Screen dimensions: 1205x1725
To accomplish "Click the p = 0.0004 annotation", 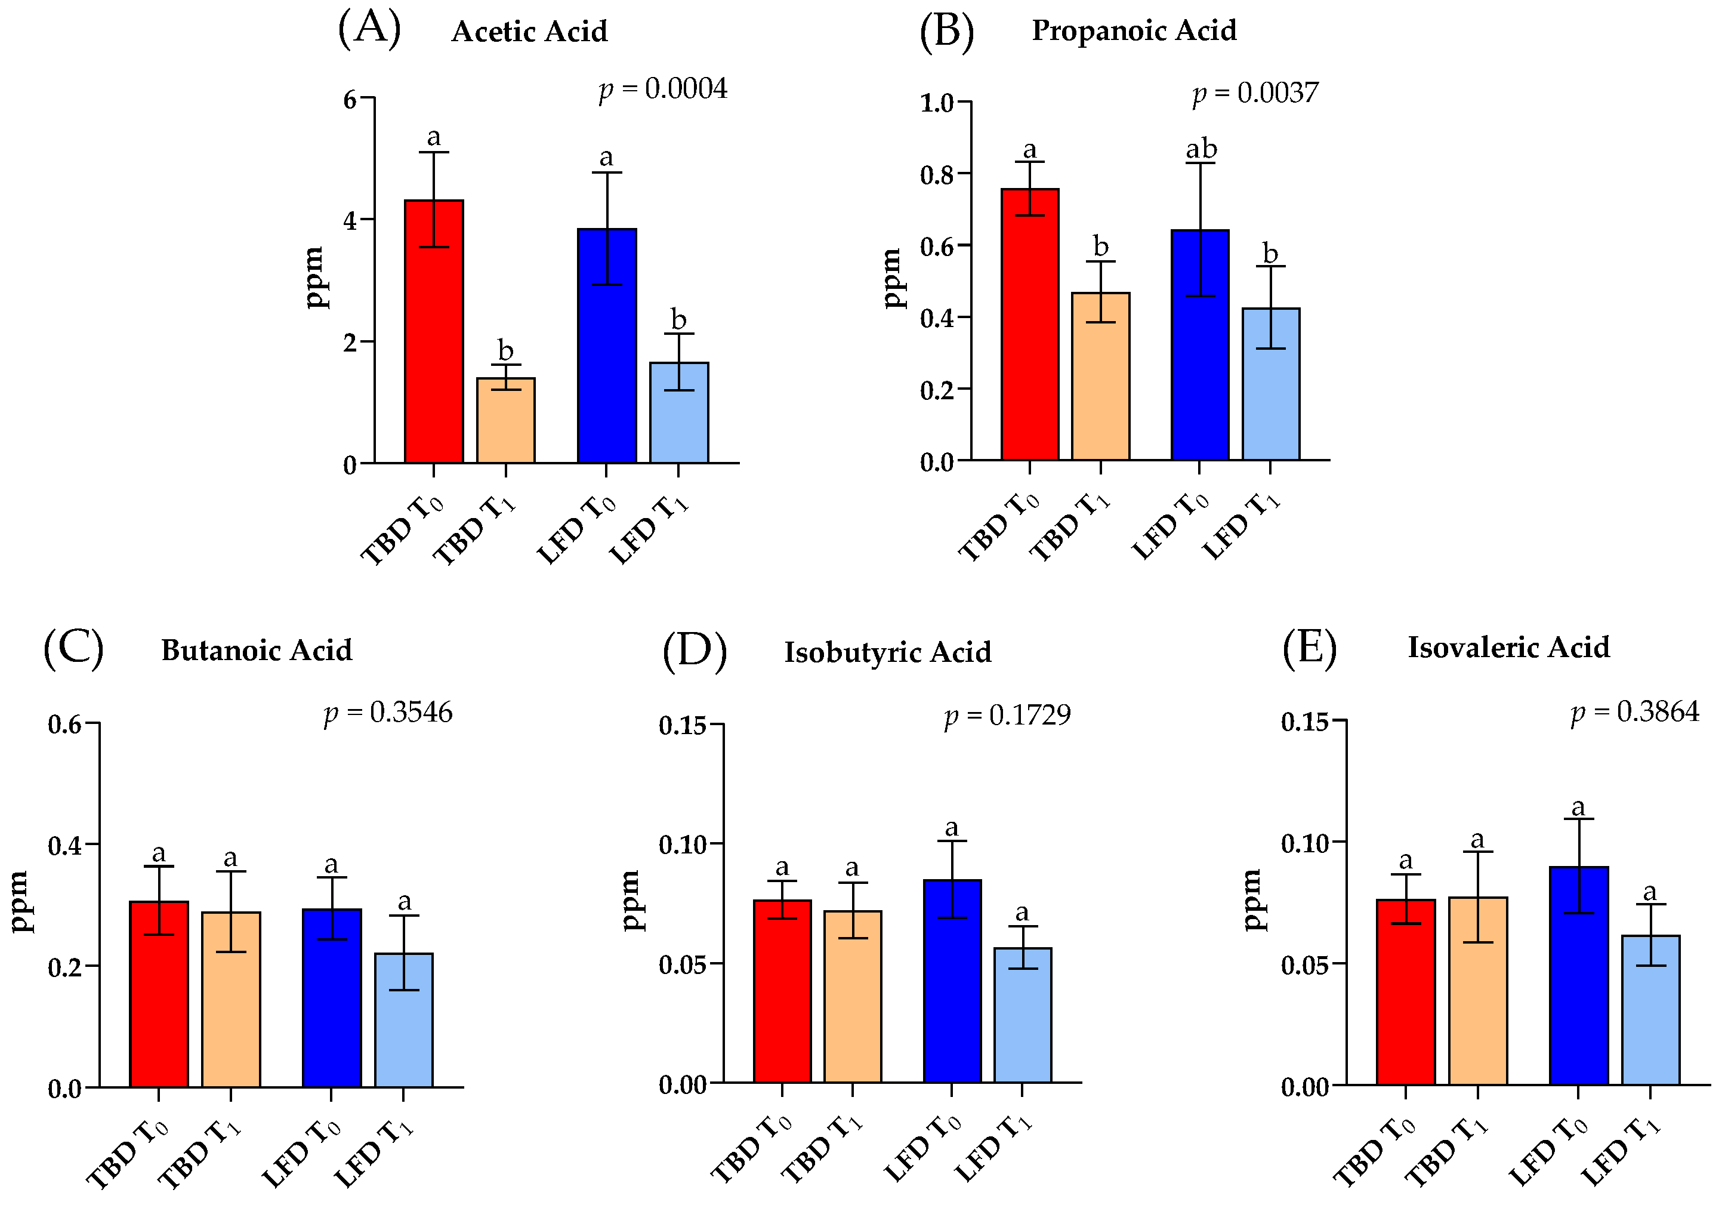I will tap(663, 89).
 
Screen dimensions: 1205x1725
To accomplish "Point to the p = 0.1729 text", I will tap(1007, 714).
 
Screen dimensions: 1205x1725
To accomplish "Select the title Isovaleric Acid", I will tap(1508, 647).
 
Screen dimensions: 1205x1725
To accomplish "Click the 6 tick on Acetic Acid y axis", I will tap(350, 99).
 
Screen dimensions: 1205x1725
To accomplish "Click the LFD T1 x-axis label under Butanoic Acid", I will tap(374, 1152).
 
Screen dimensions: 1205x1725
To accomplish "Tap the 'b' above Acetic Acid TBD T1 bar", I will tap(505, 350).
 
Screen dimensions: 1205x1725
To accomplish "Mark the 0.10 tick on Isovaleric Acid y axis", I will tap(1304, 843).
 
